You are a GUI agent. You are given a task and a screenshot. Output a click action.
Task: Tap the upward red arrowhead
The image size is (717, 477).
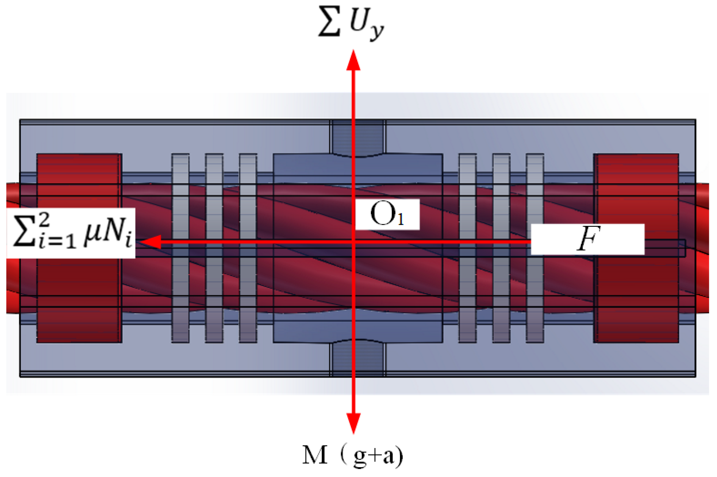(x=353, y=61)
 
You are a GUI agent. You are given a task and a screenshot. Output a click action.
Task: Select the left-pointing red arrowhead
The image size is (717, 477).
(x=151, y=242)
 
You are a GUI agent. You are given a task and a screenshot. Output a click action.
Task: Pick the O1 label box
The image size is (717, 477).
(x=387, y=214)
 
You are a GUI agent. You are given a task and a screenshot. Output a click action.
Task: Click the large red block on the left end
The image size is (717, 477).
(x=79, y=248)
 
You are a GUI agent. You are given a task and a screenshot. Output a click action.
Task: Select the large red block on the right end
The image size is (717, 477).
(x=636, y=248)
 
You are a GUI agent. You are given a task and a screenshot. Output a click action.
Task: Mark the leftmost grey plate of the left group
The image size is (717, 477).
(x=180, y=248)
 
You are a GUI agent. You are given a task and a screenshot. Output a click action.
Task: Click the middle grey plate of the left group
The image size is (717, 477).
(x=214, y=248)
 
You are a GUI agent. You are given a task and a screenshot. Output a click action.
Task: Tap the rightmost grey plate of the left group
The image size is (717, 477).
(x=248, y=248)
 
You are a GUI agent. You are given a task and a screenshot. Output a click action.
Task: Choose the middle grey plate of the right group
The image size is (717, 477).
(x=501, y=248)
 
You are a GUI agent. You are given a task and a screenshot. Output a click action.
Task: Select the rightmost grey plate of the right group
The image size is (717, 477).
(x=535, y=248)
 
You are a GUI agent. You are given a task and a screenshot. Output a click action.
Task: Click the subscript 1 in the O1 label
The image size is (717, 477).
(x=401, y=219)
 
